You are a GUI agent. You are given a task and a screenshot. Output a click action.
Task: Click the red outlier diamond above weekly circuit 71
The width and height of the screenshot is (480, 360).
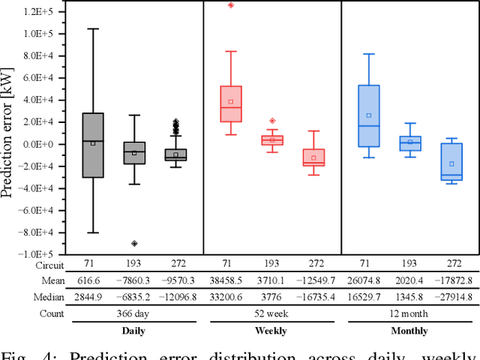click(x=231, y=5)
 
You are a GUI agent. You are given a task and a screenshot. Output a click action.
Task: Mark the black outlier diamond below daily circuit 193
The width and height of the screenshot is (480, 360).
click(x=134, y=243)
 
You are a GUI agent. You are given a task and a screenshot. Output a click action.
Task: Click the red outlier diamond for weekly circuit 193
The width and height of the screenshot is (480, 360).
click(x=272, y=121)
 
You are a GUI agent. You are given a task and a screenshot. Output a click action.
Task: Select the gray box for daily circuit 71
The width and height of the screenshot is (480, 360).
click(x=93, y=145)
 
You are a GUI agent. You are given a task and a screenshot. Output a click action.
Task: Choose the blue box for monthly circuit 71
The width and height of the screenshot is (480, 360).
click(x=369, y=115)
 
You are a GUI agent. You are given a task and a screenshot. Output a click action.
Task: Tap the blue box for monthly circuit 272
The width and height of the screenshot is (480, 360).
click(x=451, y=169)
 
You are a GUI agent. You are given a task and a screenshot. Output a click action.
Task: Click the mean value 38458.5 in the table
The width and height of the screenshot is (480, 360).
click(x=231, y=280)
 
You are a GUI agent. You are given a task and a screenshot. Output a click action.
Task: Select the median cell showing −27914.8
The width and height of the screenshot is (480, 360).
click(x=451, y=297)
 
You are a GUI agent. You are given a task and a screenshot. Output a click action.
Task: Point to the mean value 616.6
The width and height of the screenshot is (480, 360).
click(x=93, y=280)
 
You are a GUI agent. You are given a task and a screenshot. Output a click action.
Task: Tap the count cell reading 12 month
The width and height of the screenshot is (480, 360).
click(x=410, y=313)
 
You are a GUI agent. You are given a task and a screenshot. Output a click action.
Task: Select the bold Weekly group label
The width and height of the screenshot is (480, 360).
click(x=272, y=331)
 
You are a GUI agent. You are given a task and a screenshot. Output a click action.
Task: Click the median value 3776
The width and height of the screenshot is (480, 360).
click(x=272, y=297)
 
